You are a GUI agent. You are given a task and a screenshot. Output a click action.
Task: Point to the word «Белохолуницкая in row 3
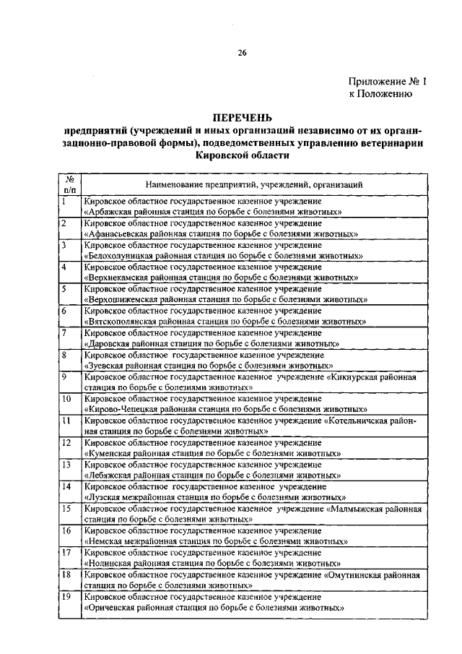pos(118,256)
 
